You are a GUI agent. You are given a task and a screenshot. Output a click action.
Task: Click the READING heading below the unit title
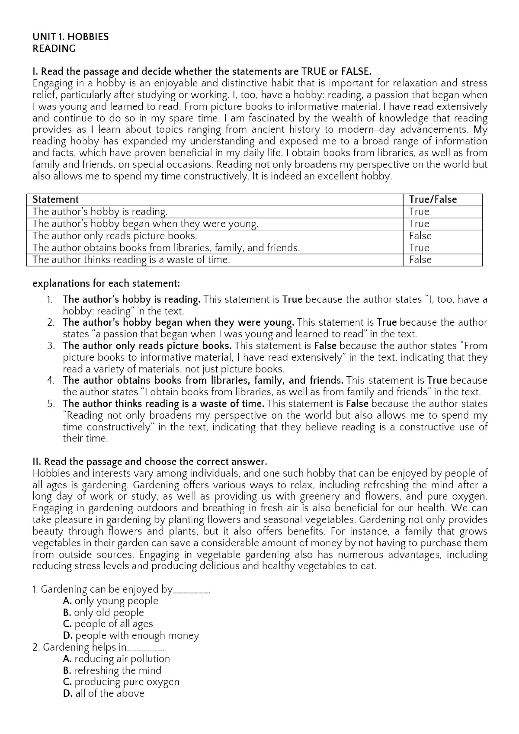pos(54,49)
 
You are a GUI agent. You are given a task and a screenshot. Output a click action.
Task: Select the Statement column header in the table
pos(55,199)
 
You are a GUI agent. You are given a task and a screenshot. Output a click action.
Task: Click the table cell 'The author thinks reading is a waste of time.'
pos(131,260)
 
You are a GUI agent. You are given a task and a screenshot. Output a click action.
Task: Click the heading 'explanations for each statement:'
pos(106,284)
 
